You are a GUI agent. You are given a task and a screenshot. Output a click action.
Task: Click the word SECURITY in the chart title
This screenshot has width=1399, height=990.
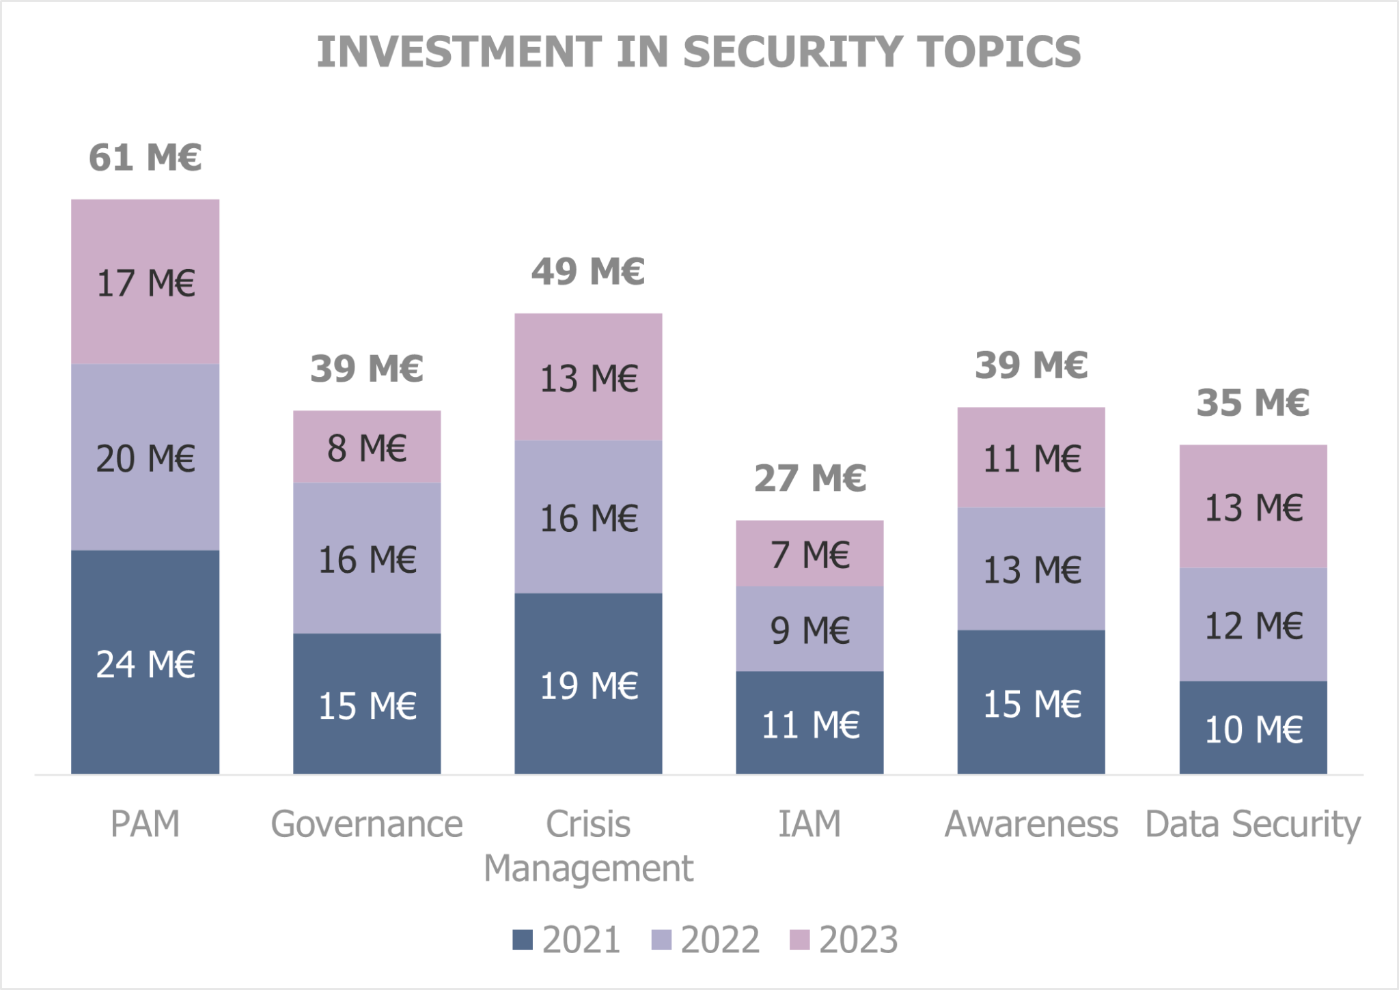pos(792,52)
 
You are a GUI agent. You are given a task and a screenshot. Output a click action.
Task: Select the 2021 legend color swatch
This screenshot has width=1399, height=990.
pos(522,939)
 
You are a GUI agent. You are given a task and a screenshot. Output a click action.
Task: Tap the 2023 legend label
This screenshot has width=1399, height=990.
pos(858,939)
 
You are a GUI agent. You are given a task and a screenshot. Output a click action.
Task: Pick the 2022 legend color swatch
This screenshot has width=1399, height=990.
pos(661,939)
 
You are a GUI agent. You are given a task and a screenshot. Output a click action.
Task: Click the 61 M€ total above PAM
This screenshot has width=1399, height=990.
pos(145,158)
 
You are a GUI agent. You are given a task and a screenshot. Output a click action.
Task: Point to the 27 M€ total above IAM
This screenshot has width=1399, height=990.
pos(809,478)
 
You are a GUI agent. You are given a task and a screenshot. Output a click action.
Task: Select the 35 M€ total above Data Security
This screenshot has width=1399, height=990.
pos(1252,402)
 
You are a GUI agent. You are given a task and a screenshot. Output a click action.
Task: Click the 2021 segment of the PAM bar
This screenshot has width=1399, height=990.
pos(145,662)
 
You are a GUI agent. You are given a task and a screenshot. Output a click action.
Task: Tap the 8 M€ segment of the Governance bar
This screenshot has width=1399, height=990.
pos(367,447)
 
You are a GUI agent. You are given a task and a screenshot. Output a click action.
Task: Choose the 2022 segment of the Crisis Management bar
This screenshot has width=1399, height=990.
pos(588,517)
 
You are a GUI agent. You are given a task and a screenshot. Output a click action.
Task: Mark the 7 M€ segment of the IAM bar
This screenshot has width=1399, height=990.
pos(809,554)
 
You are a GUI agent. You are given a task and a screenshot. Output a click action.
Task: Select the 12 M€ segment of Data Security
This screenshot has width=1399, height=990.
pos(1253,625)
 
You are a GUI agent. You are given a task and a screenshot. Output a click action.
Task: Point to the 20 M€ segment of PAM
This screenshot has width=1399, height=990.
pos(145,457)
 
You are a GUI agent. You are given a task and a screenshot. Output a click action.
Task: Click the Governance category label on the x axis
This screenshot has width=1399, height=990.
pos(367,824)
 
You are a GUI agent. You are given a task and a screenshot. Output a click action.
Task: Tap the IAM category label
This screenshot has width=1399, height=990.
pos(809,824)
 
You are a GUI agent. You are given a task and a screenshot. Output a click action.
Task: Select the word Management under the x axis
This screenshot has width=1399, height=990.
pos(588,868)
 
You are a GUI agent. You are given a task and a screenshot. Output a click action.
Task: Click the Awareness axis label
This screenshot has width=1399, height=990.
pos(1031,824)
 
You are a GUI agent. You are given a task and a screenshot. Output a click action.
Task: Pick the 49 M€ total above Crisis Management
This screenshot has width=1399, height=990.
pos(588,271)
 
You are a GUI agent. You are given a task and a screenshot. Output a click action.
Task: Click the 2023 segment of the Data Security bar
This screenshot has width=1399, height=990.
pos(1253,507)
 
